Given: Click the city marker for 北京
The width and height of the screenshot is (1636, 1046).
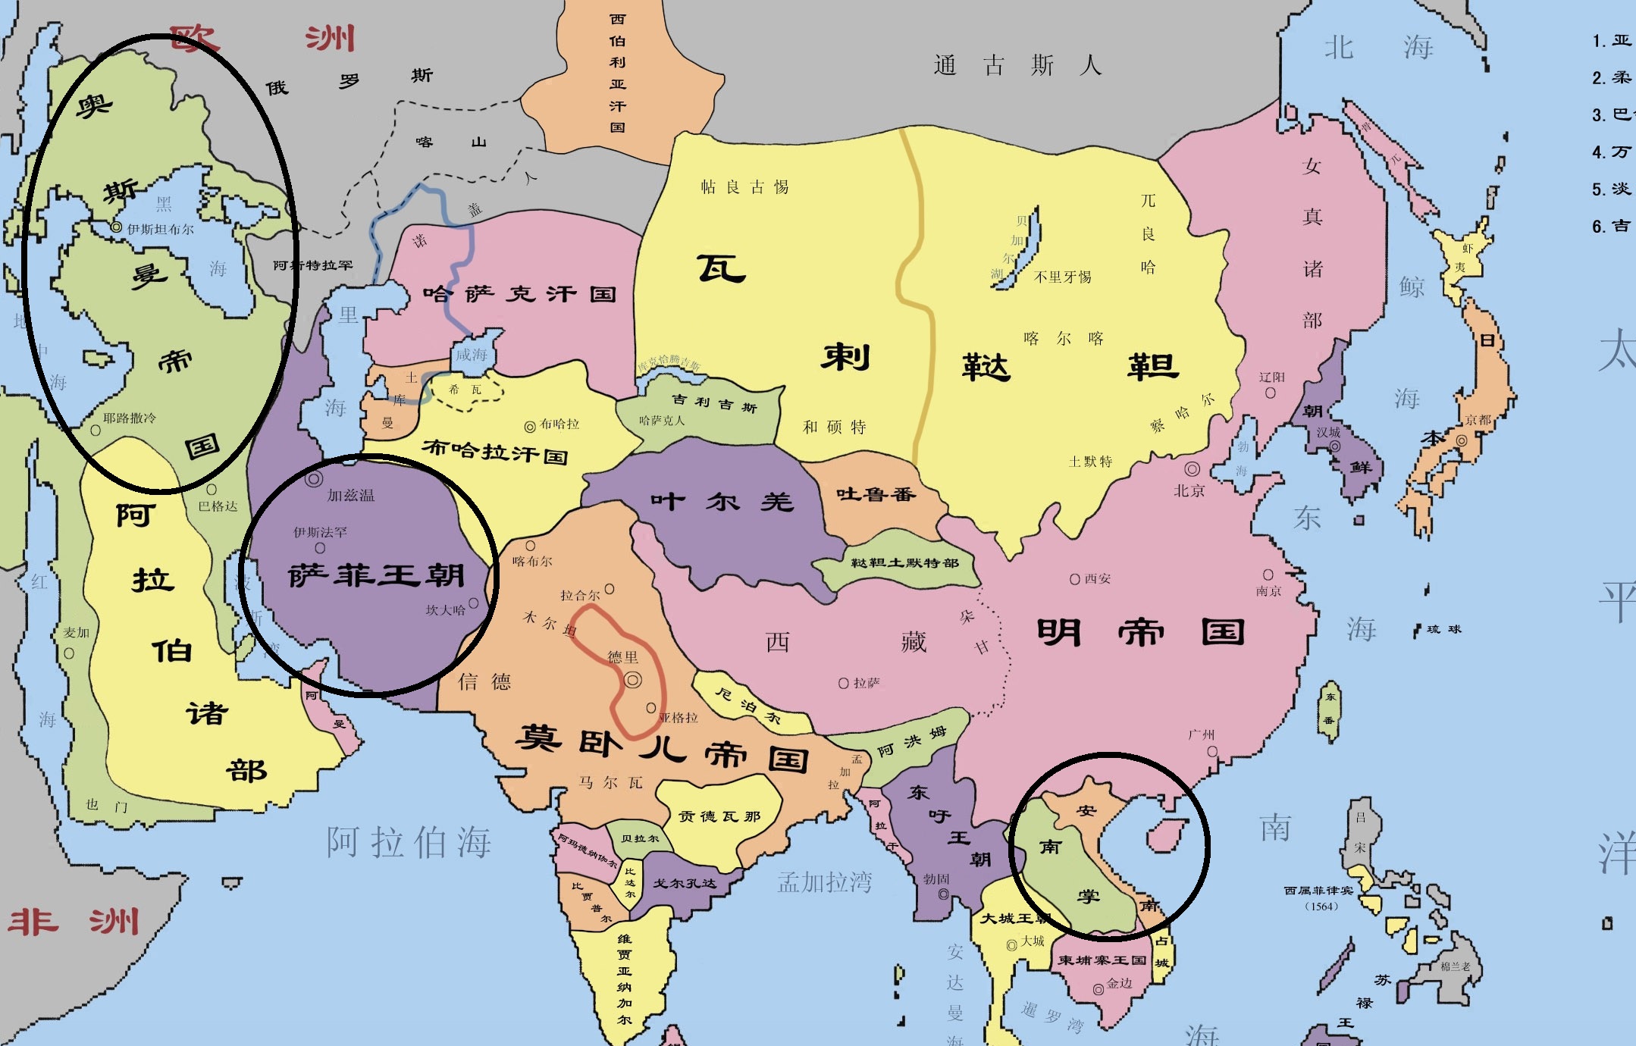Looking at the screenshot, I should click(1193, 469).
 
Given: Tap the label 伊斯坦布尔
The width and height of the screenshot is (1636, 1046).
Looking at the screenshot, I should click(160, 229).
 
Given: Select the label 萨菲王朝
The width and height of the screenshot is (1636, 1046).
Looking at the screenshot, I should click(376, 576).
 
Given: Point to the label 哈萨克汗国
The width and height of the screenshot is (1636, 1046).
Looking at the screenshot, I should click(519, 294).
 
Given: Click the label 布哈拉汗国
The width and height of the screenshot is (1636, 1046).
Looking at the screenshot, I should click(494, 452).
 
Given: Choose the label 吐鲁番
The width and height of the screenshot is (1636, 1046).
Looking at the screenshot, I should click(876, 495).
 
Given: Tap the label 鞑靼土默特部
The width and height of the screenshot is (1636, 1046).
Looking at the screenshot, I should click(904, 562).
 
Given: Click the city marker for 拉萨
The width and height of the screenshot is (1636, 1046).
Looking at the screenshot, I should click(843, 684).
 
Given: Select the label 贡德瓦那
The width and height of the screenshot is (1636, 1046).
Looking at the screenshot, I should click(719, 816).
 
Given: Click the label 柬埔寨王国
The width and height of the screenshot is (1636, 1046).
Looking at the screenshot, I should click(1102, 960).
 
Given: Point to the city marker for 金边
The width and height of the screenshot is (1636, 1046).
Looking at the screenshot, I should click(1098, 989).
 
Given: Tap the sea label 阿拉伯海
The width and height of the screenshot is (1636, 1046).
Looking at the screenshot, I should click(409, 842).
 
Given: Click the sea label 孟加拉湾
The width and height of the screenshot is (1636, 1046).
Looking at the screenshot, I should click(825, 882).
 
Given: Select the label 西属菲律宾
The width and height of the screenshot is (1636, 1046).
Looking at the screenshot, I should click(1318, 891).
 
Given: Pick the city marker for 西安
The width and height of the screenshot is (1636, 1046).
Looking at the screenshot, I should click(1074, 580).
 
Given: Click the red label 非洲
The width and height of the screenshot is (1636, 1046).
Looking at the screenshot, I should click(74, 922).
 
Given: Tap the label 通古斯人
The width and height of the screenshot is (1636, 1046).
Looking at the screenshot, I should click(1017, 66).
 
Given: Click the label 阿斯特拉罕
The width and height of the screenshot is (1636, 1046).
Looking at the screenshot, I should click(312, 265).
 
